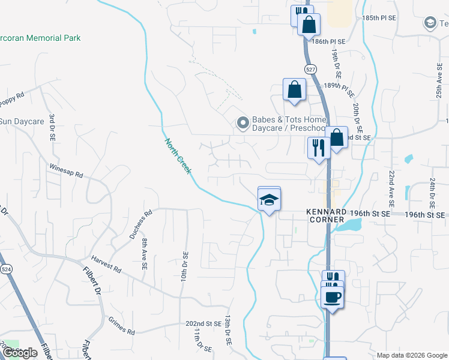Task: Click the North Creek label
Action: [178, 157]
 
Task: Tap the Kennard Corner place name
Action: [326, 216]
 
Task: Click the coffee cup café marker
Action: [332, 296]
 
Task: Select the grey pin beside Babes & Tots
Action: [243, 124]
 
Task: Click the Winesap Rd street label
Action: [65, 172]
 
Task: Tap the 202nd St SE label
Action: [203, 323]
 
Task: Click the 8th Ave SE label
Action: [145, 254]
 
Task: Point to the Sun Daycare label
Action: [22, 122]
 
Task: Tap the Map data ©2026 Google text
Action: [412, 355]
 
